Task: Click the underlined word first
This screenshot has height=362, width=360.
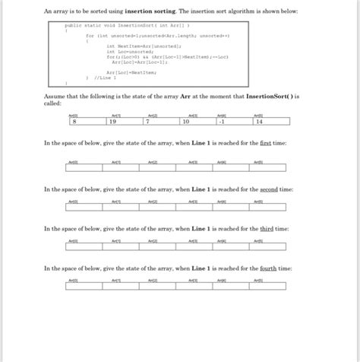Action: pyautogui.click(x=268, y=143)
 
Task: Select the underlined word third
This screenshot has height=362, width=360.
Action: pyautogui.click(x=269, y=227)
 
